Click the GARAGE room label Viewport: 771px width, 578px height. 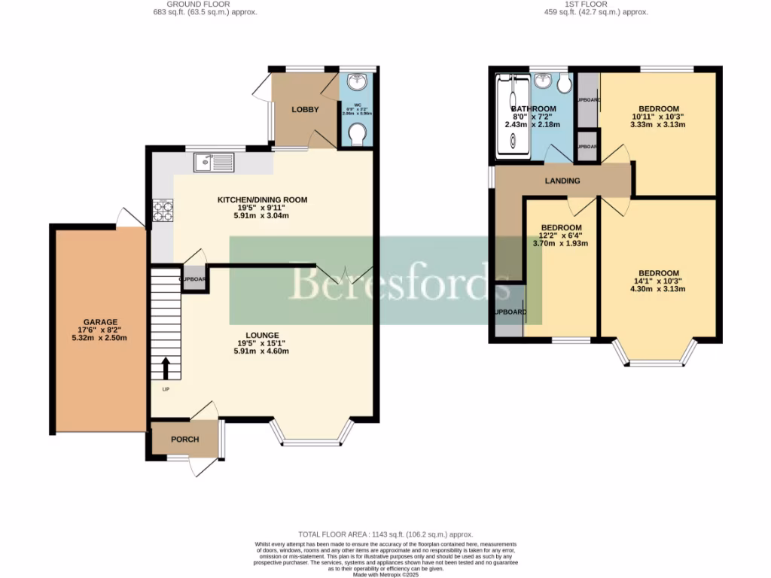click(101, 321)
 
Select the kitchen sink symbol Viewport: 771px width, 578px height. click(214, 162)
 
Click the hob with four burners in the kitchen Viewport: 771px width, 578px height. click(163, 210)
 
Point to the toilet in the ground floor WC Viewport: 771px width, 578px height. click(357, 135)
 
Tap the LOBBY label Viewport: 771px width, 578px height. click(305, 110)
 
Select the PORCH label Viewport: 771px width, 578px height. click(184, 440)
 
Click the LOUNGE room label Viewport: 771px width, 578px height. click(262, 335)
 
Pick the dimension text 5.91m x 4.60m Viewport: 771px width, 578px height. click(262, 351)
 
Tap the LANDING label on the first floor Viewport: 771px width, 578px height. click(562, 181)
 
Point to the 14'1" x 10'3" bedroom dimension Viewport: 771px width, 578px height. click(658, 282)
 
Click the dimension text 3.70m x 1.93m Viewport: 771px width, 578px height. click(561, 244)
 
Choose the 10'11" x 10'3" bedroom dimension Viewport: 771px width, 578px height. click(658, 117)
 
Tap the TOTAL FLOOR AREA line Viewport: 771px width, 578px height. click(385, 534)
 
